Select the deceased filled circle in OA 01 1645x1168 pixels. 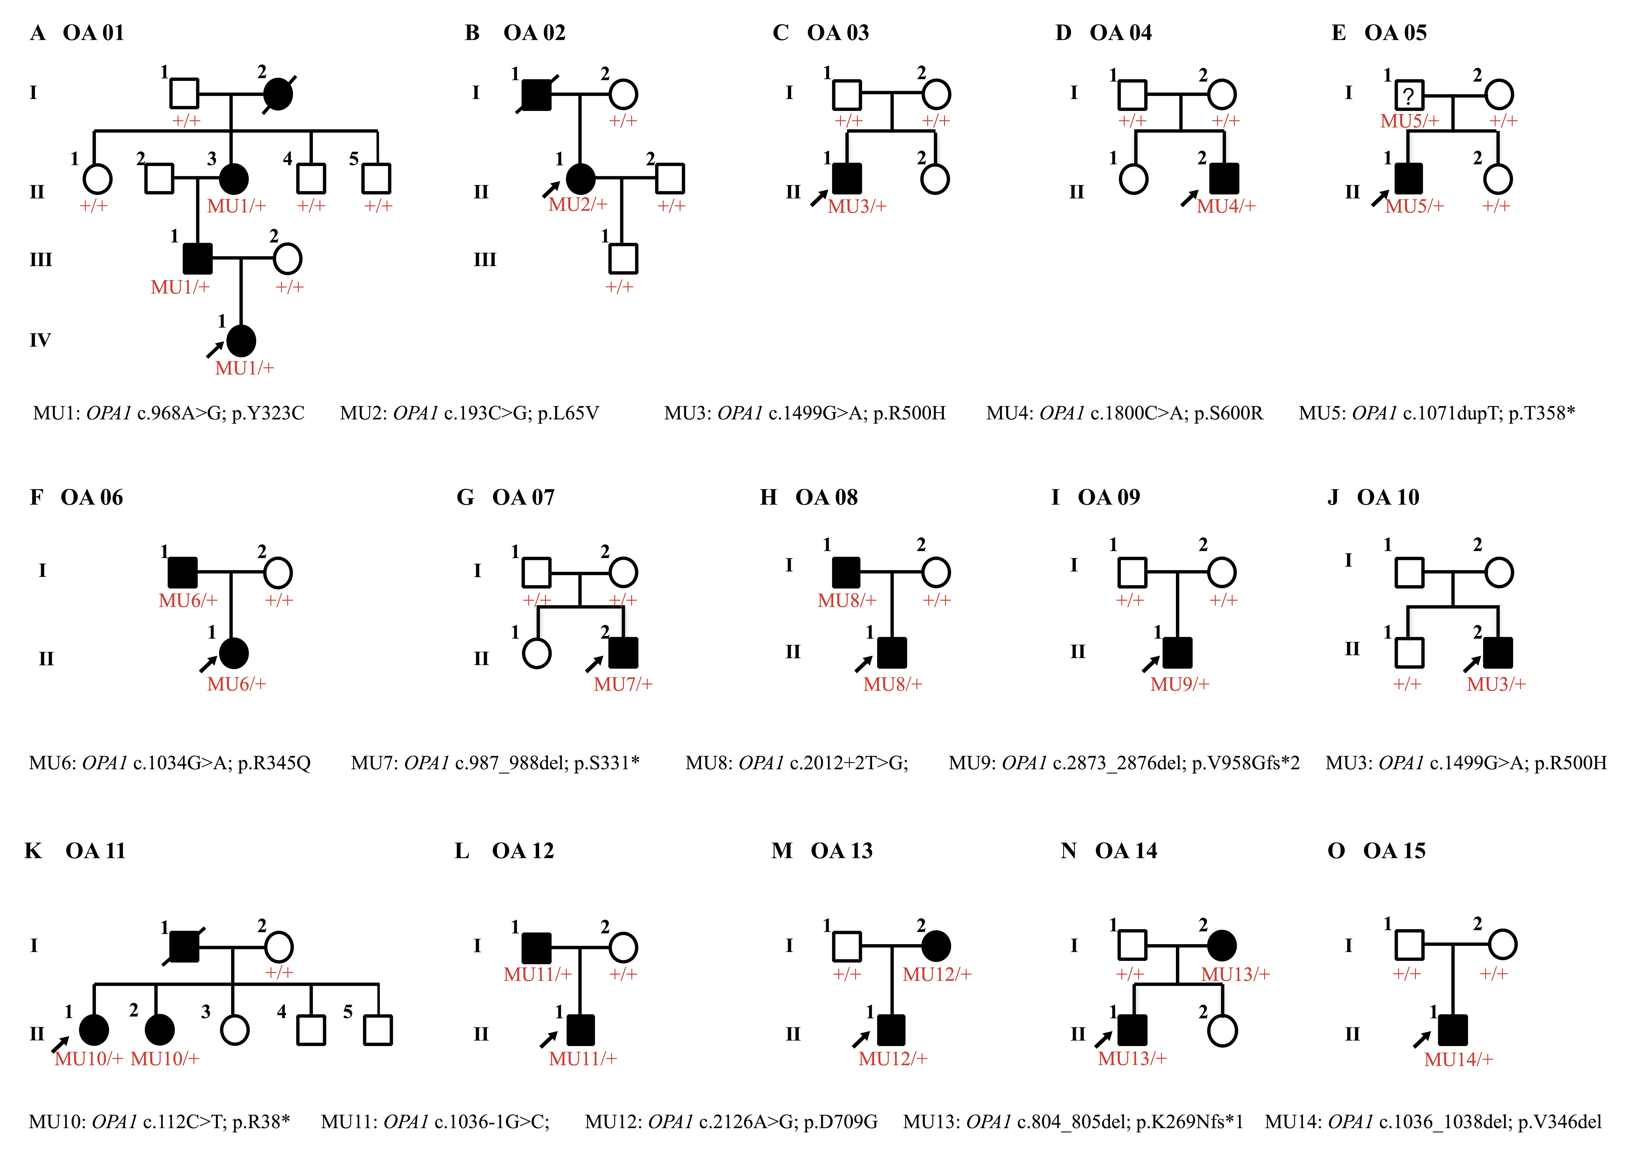[278, 94]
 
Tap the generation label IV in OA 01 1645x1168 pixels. [40, 340]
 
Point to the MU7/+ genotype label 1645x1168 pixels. [622, 685]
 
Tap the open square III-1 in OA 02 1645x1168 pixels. [622, 259]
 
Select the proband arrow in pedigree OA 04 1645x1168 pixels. [1189, 199]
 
